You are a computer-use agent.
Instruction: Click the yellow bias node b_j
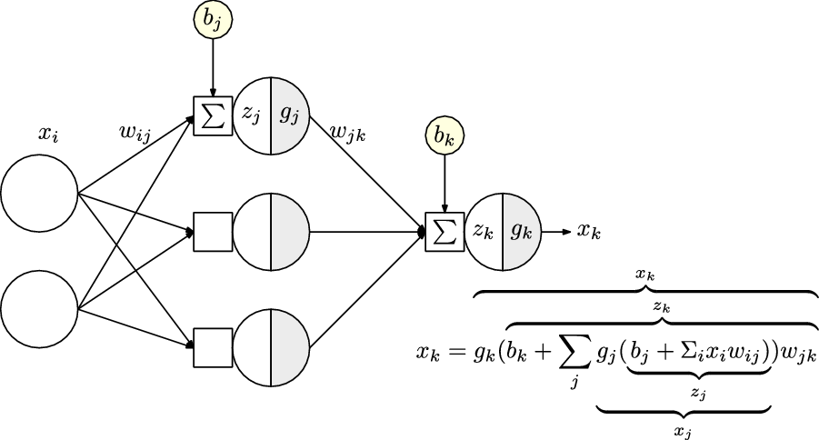pos(213,22)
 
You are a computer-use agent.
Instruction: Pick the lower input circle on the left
pos(39,308)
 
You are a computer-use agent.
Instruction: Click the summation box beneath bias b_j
pos(213,115)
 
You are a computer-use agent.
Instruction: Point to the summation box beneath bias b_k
pos(444,231)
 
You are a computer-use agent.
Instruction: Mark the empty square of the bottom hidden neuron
pos(213,346)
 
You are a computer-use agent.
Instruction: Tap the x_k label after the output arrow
pos(589,231)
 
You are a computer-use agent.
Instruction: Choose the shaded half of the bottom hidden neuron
pos(290,346)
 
